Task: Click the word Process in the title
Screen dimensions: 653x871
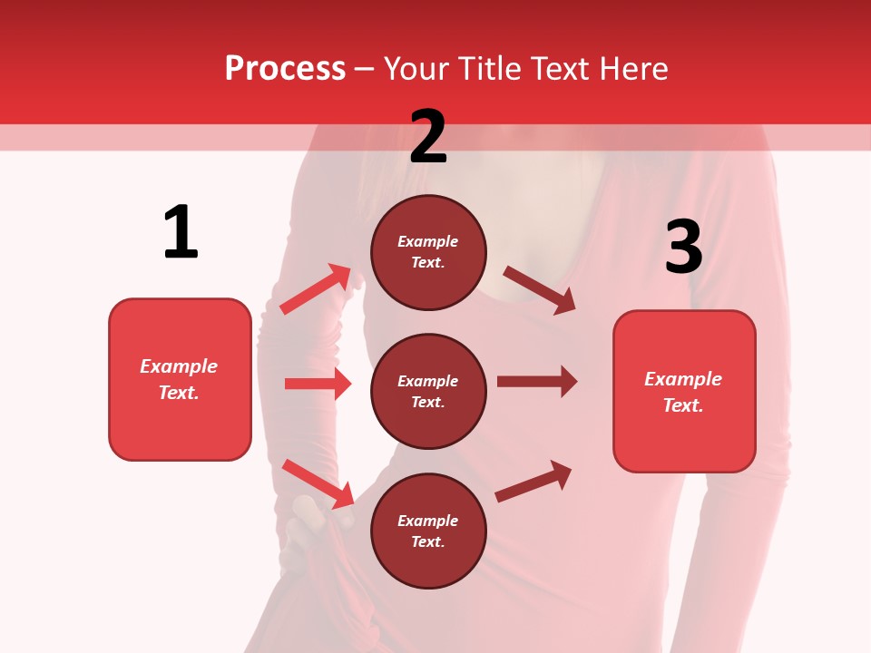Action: click(285, 69)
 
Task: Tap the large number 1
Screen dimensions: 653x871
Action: click(181, 232)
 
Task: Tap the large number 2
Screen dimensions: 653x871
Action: click(428, 137)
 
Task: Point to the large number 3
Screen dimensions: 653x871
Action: click(683, 247)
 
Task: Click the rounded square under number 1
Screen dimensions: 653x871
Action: click(180, 379)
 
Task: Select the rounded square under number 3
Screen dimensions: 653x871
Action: click(684, 391)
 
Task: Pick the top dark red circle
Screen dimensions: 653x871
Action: click(428, 252)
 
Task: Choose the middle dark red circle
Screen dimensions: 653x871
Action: click(428, 391)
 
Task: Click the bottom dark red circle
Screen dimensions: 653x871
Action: click(428, 531)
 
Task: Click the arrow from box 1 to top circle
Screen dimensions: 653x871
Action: click(316, 288)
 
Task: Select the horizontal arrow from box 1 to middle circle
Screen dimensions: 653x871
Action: click(318, 384)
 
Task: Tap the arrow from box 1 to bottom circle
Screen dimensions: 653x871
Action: click(318, 483)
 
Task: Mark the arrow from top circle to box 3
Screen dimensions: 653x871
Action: click(540, 289)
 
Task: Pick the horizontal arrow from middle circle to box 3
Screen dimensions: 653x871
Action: click(537, 381)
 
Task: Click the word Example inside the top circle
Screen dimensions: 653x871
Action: click(428, 241)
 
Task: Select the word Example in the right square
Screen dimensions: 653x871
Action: click(683, 379)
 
